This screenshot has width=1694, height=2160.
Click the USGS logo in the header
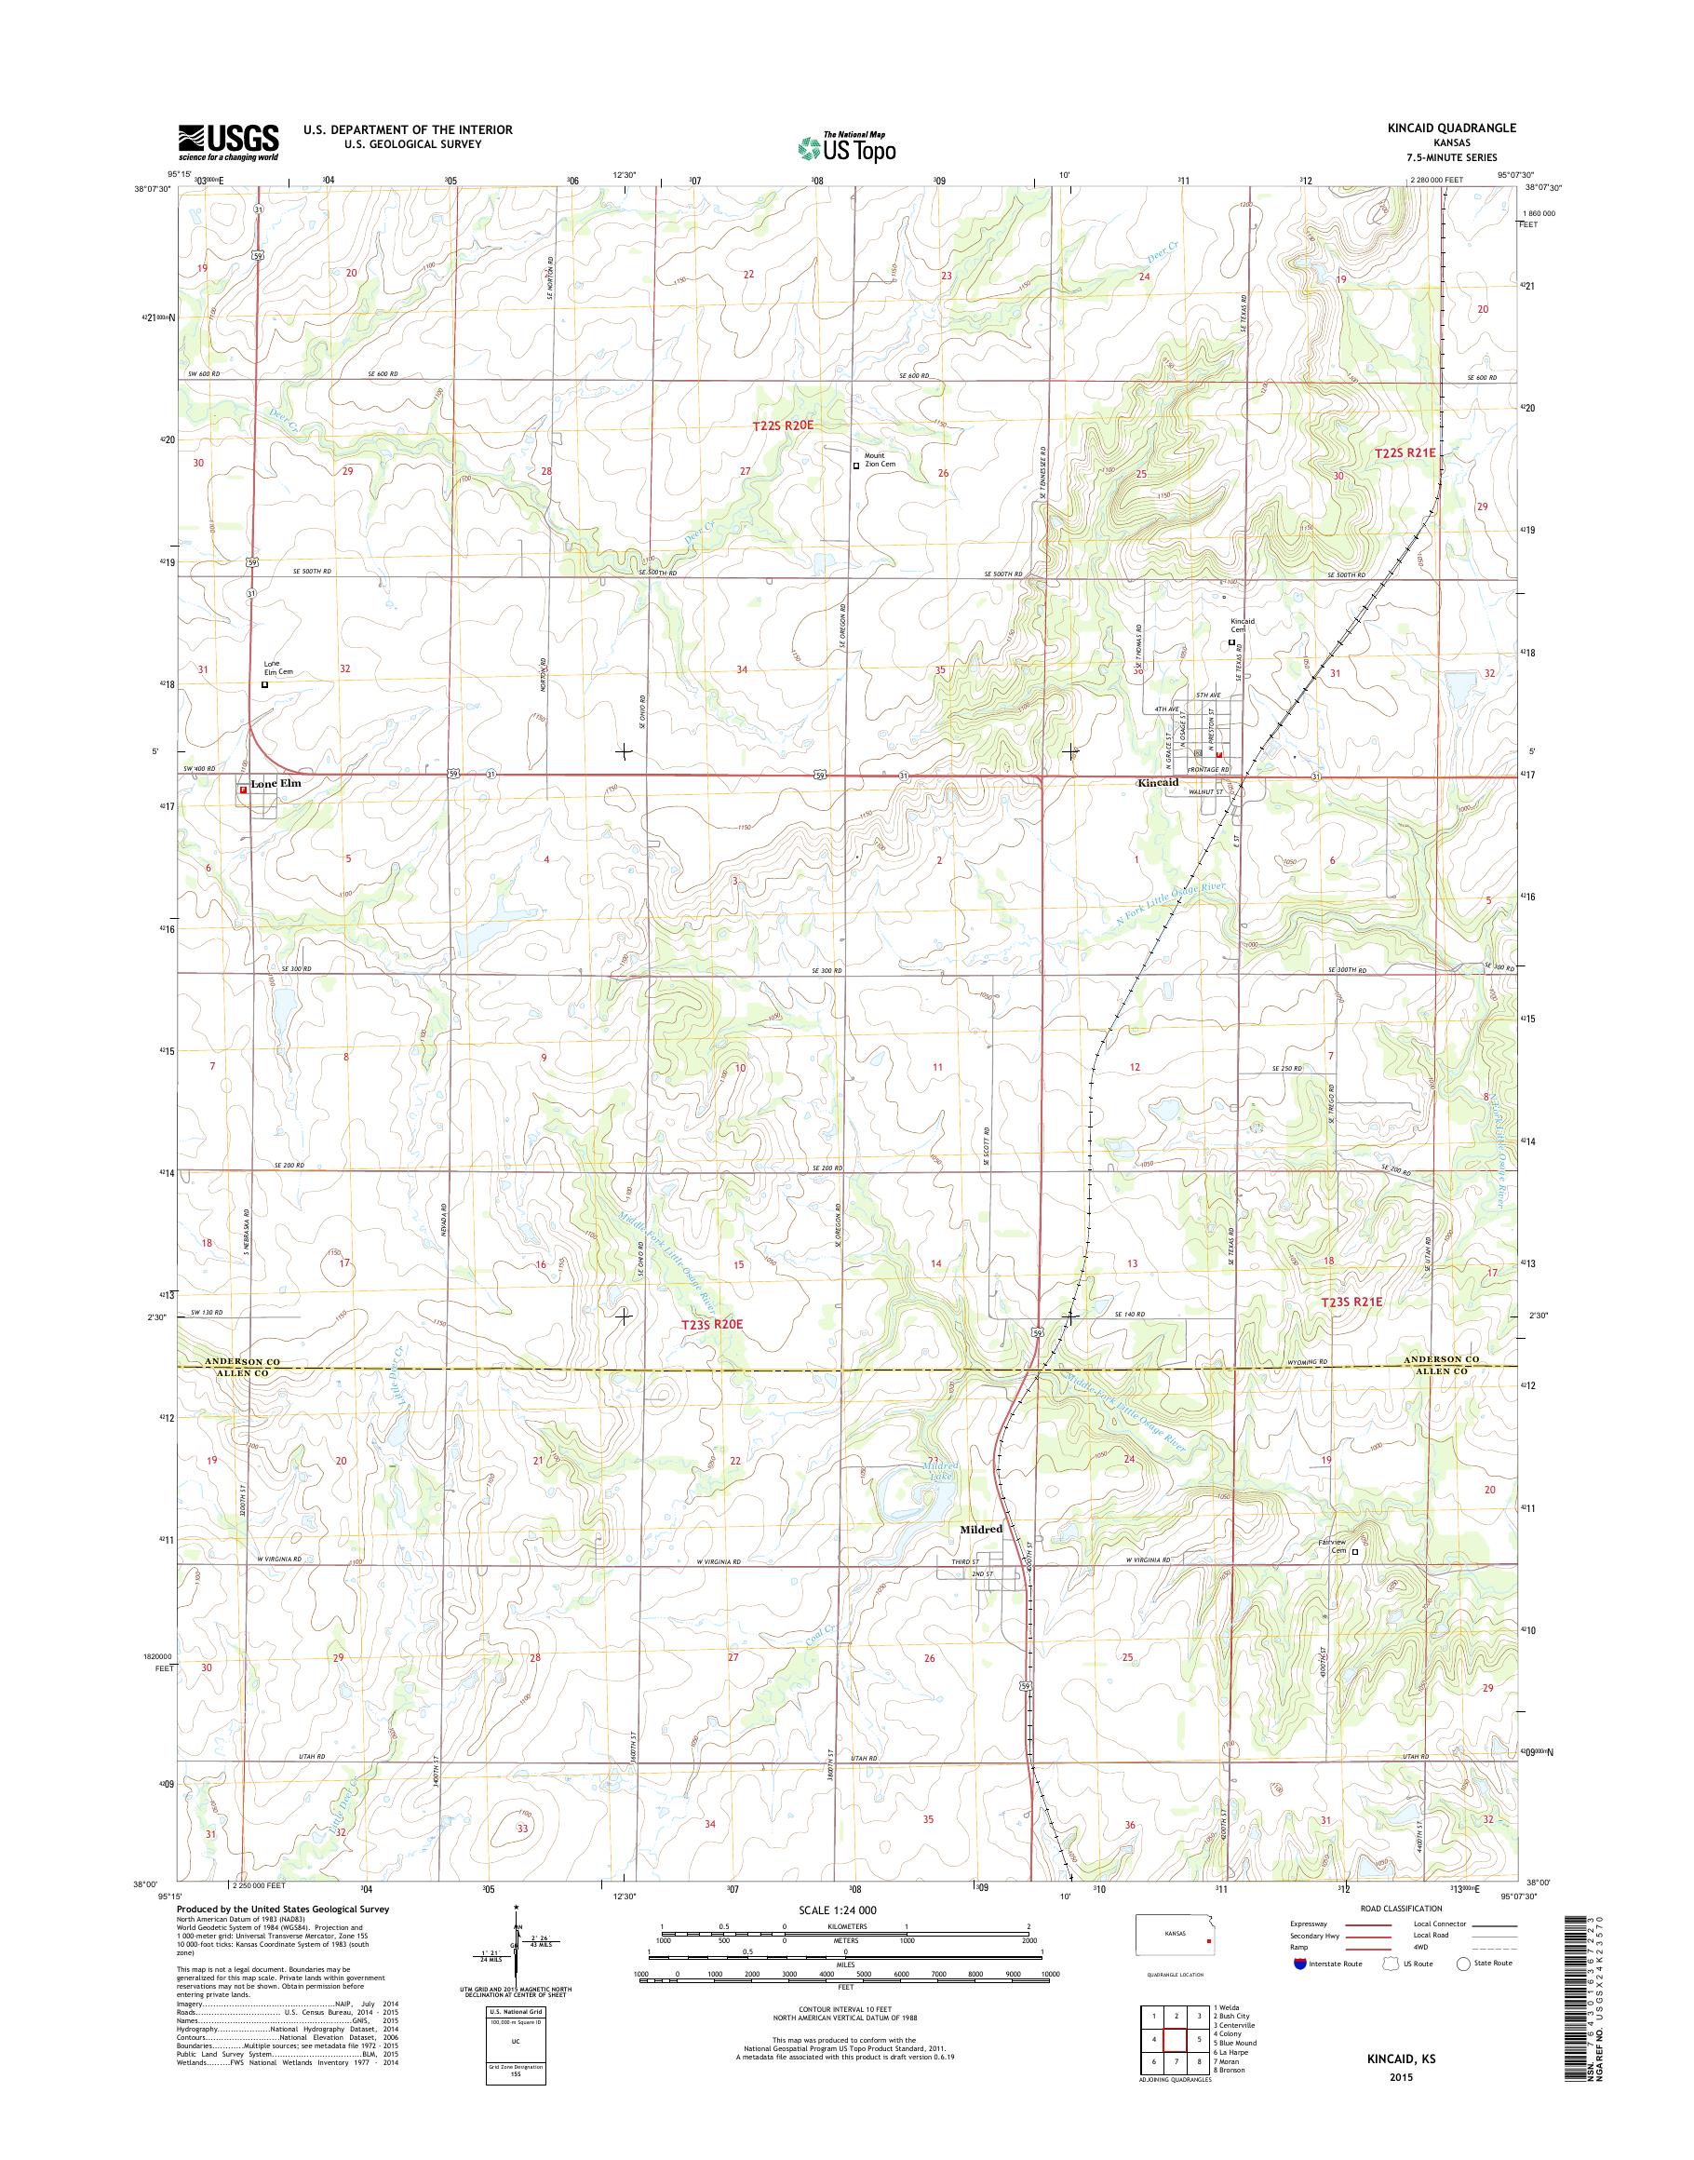228,142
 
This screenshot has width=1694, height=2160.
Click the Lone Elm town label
275,784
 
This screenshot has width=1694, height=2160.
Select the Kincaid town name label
1159,783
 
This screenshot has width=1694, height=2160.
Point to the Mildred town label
980,1529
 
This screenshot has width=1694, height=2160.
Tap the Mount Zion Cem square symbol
857,465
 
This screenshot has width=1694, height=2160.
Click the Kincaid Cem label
1243,625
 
